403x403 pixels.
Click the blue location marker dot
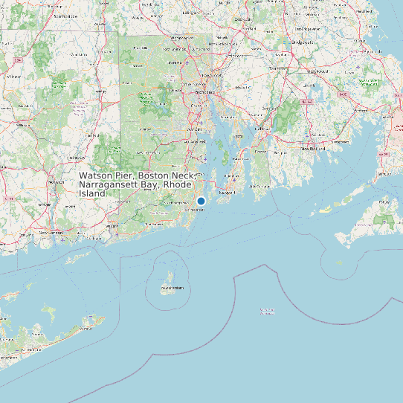[201, 201]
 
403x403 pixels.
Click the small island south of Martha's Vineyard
[339, 262]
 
